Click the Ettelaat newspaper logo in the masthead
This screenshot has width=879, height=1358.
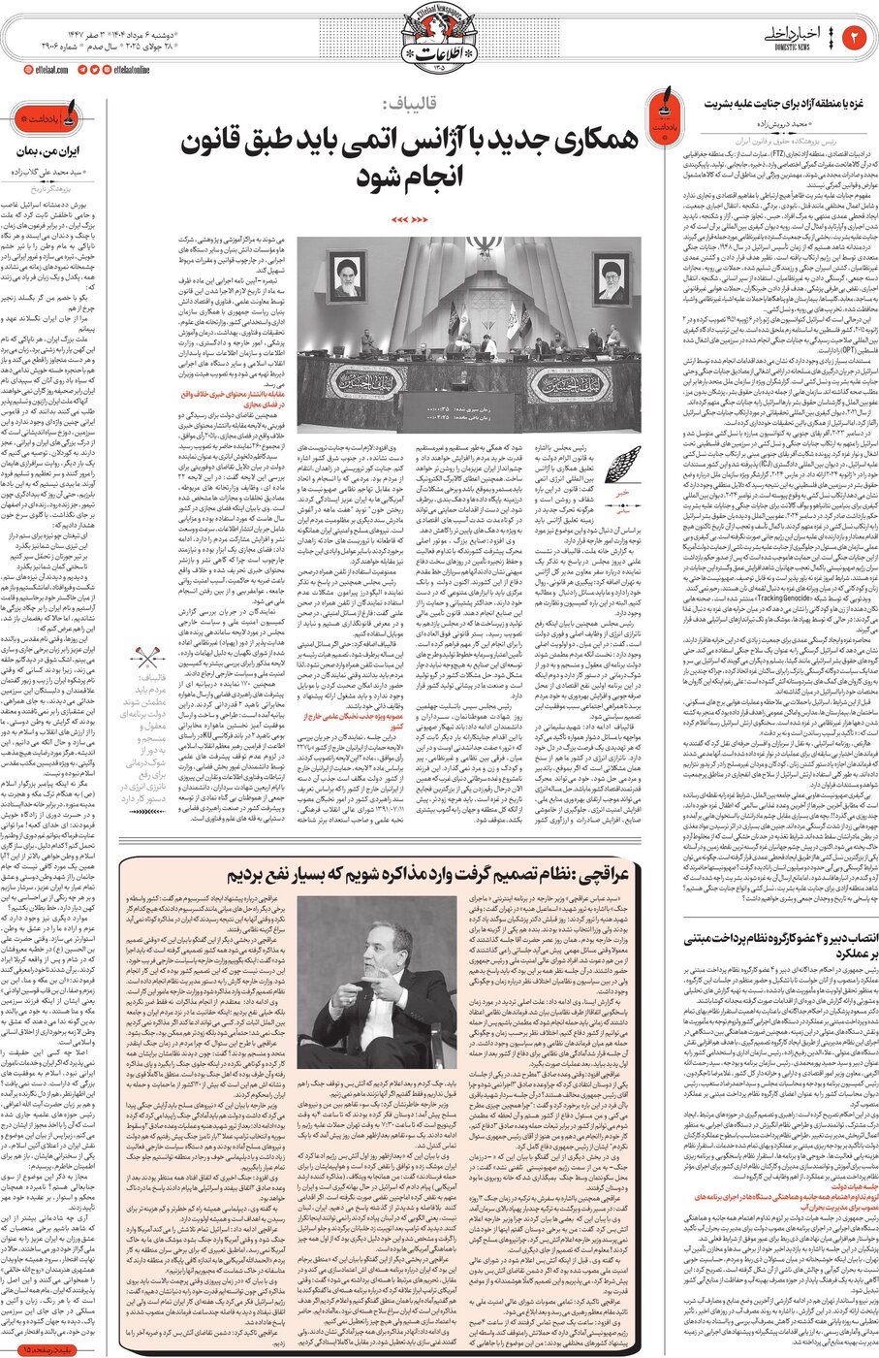[438, 34]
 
